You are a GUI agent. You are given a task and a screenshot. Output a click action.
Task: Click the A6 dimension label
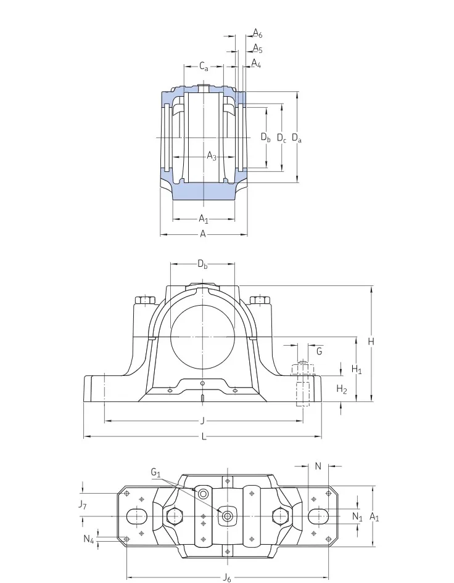click(x=258, y=34)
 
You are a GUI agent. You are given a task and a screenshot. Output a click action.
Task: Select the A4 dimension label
click(x=256, y=63)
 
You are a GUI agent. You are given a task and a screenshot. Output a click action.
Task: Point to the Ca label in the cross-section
click(x=204, y=66)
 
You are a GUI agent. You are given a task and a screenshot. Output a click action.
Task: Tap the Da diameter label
click(x=297, y=138)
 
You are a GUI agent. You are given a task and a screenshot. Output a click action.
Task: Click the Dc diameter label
click(x=281, y=138)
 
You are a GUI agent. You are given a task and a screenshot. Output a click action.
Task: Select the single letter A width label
click(x=202, y=234)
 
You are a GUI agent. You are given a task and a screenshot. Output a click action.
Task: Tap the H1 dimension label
click(x=357, y=369)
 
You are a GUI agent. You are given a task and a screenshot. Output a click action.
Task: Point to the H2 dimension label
click(x=342, y=389)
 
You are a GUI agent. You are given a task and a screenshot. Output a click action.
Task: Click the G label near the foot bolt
click(x=319, y=351)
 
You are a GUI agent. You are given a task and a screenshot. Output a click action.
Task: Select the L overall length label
click(x=204, y=437)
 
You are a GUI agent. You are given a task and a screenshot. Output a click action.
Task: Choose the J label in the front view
click(x=203, y=421)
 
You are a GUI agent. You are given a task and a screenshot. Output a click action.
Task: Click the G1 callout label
click(x=155, y=473)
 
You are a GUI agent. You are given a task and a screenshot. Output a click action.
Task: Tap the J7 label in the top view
click(x=82, y=505)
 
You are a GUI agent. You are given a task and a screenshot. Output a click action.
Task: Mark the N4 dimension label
click(x=89, y=540)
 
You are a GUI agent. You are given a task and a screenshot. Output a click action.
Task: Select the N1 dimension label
click(x=357, y=516)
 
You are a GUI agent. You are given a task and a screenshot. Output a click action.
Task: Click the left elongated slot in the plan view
click(x=137, y=515)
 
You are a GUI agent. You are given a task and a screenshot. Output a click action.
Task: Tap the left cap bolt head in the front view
click(x=146, y=301)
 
